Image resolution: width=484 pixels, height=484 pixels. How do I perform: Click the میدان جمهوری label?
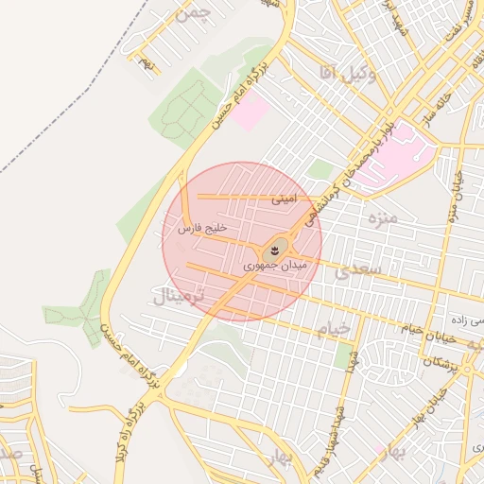coord(277,267)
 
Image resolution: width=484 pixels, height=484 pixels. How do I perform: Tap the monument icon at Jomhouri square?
coord(273,251)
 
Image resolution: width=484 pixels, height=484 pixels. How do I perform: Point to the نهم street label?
coord(144,62)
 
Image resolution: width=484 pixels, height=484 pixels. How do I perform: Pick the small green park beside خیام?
coord(342,356)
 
